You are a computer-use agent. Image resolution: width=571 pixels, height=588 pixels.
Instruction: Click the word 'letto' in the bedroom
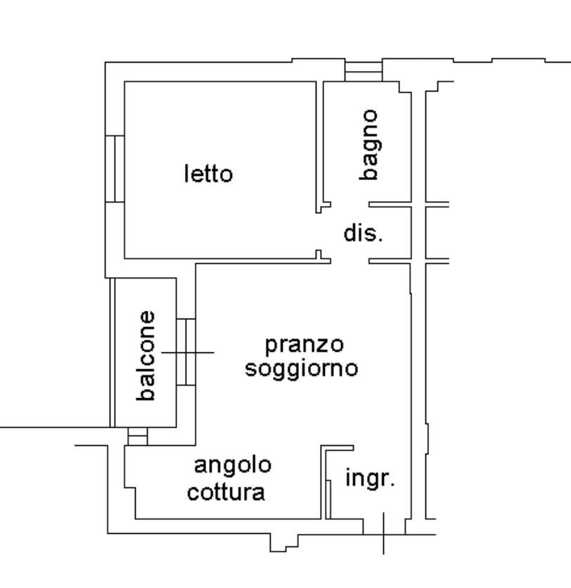(208, 174)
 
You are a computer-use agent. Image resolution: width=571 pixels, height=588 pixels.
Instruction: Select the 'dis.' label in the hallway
(364, 233)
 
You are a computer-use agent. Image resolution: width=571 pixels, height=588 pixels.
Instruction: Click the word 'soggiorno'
(302, 369)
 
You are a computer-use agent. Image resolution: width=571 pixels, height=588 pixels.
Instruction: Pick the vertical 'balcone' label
(146, 356)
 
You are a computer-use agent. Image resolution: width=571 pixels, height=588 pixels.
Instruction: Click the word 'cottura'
(226, 492)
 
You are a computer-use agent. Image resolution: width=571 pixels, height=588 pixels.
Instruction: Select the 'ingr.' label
(370, 479)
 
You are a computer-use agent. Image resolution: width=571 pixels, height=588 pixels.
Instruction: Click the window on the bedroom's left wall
(115, 169)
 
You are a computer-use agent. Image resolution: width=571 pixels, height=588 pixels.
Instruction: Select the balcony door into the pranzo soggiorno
(186, 352)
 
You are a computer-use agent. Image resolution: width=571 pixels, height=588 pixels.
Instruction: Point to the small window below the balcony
(138, 437)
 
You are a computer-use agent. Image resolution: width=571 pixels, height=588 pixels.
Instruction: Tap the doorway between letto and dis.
(319, 231)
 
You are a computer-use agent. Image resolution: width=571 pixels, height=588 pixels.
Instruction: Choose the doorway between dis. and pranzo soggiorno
(349, 261)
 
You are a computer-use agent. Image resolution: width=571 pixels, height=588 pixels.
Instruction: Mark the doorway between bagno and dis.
(349, 205)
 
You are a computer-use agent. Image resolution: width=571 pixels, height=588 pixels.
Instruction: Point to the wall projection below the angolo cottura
(284, 542)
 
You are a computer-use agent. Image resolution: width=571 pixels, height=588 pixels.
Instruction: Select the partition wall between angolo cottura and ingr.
(323, 482)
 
